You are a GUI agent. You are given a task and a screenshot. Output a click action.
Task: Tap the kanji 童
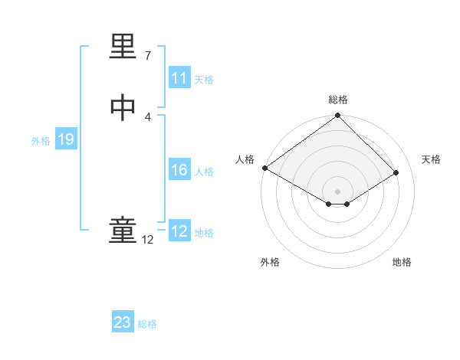click(x=123, y=230)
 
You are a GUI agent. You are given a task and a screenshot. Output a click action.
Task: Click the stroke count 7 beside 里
click(x=148, y=56)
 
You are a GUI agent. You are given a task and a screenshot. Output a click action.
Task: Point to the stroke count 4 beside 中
click(x=148, y=117)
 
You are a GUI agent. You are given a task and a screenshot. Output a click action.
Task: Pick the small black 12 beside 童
click(x=148, y=240)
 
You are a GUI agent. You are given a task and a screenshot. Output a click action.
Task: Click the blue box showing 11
click(x=179, y=78)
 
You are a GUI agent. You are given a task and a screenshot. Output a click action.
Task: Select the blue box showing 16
click(x=179, y=170)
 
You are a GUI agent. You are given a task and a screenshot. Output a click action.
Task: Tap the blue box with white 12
click(x=179, y=231)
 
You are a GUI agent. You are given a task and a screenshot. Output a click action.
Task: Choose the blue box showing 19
click(x=65, y=139)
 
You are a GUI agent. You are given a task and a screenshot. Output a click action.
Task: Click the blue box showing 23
click(x=123, y=322)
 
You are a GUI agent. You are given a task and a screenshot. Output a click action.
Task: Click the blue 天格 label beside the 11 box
click(x=204, y=79)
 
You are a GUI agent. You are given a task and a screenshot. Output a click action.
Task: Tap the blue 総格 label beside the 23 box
click(x=147, y=324)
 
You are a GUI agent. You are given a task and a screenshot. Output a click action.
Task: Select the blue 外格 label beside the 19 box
click(x=41, y=140)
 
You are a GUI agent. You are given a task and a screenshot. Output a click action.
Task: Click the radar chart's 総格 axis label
click(x=338, y=100)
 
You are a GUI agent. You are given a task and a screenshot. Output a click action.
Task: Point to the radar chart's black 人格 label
click(x=245, y=159)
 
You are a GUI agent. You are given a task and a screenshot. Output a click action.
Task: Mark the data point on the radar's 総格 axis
click(x=338, y=116)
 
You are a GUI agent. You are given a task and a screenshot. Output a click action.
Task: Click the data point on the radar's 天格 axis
click(x=396, y=173)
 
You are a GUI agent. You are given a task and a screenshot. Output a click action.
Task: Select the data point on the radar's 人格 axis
click(x=264, y=168)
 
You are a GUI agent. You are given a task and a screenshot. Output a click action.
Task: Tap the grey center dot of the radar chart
click(x=338, y=191)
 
